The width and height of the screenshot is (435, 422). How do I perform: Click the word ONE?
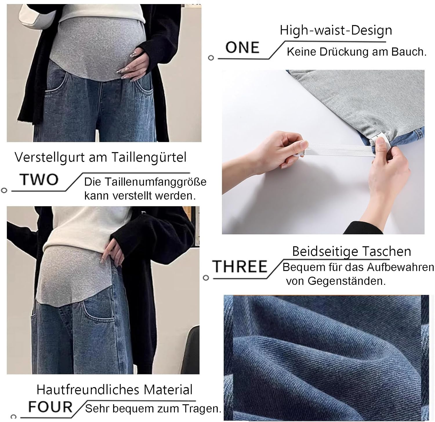click(x=242, y=48)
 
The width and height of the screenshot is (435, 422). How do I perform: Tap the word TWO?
click(x=39, y=180)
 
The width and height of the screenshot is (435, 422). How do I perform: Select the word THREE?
click(x=240, y=267)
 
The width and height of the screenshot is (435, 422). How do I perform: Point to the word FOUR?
click(x=50, y=407)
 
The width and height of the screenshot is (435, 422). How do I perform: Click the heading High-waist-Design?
click(x=336, y=30)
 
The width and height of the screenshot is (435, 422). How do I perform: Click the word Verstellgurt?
click(x=50, y=157)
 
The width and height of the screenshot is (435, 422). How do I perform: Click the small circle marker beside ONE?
click(x=211, y=58)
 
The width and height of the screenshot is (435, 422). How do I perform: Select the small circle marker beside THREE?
click(x=206, y=278)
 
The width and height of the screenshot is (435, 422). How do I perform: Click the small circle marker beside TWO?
click(x=4, y=191)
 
